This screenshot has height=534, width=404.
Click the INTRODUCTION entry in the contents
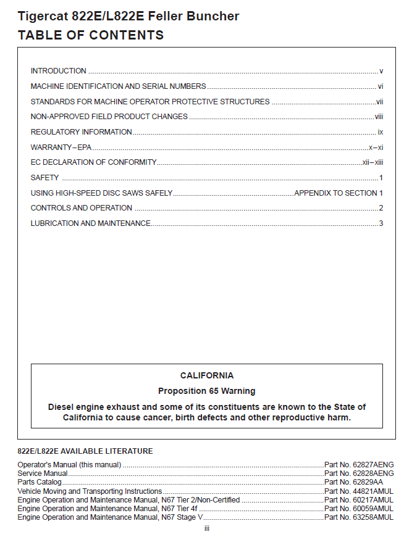pyautogui.click(x=59, y=71)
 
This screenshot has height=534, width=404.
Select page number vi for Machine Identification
pyautogui.click(x=381, y=86)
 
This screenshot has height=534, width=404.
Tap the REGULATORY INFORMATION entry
pyautogui.click(x=81, y=132)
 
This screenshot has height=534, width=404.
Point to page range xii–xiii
pyautogui.click(x=373, y=162)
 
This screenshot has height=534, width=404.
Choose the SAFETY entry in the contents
pyautogui.click(x=44, y=178)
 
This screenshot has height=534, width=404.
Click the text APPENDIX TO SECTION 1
pyautogui.click(x=339, y=193)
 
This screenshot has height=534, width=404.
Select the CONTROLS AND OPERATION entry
pyautogui.click(x=82, y=208)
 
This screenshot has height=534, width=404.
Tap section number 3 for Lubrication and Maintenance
pyautogui.click(x=381, y=223)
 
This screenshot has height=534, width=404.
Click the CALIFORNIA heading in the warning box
pyautogui.click(x=207, y=375)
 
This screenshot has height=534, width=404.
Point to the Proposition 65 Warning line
pyautogui.click(x=206, y=391)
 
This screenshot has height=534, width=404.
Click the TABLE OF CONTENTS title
pyautogui.click(x=91, y=35)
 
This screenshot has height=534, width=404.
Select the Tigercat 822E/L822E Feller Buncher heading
pyautogui.click(x=128, y=16)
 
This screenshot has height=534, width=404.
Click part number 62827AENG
pyautogui.click(x=359, y=465)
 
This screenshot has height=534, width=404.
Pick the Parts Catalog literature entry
pyautogui.click(x=40, y=482)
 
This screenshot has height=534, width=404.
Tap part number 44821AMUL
pyautogui.click(x=359, y=491)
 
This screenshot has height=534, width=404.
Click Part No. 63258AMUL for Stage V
pyautogui.click(x=359, y=517)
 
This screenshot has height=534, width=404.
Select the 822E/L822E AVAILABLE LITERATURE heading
pyautogui.click(x=85, y=451)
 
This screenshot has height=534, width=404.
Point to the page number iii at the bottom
pyautogui.click(x=207, y=528)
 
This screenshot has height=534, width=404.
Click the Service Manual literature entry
pyautogui.click(x=43, y=474)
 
